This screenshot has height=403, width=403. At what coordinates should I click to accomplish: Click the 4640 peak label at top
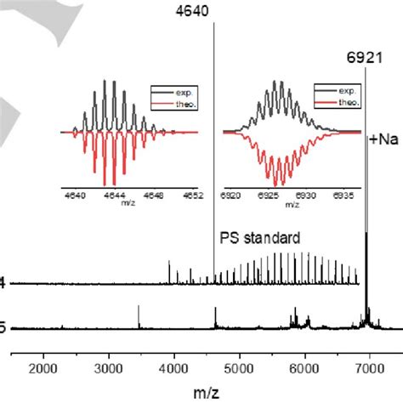(x=213, y=11)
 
